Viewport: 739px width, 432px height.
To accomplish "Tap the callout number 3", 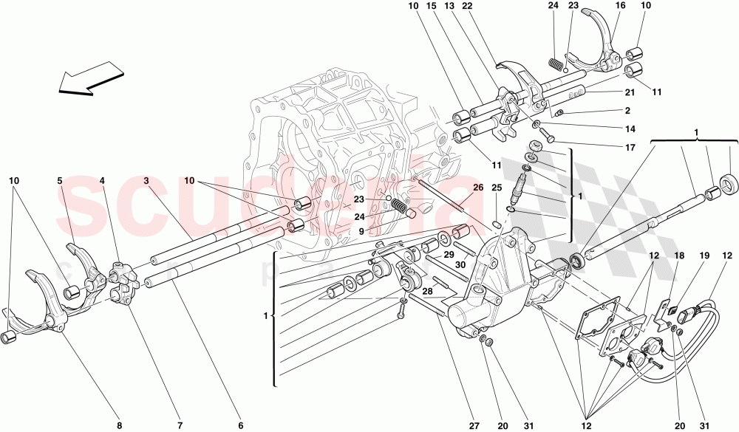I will [x=146, y=181].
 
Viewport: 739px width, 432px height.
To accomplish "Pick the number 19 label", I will [x=704, y=256].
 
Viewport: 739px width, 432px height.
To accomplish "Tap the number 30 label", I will [x=460, y=264].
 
